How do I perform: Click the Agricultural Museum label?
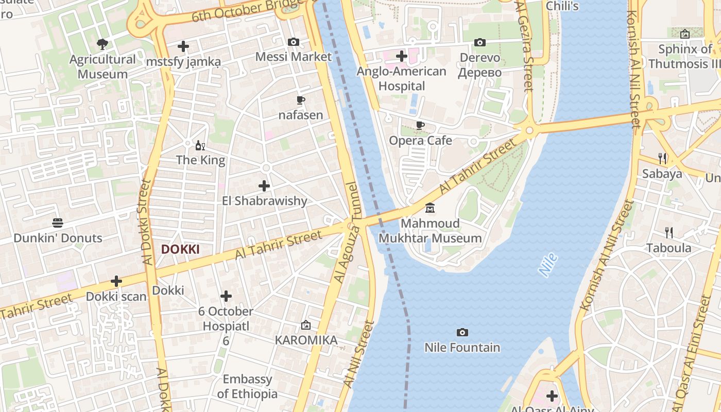(x=102, y=66)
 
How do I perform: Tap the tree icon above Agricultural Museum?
(x=102, y=44)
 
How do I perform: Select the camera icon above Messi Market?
(x=294, y=42)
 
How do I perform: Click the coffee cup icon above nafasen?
(x=301, y=100)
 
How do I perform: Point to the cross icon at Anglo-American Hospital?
(x=402, y=56)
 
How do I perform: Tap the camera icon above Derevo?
(x=480, y=42)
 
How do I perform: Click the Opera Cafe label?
(x=420, y=140)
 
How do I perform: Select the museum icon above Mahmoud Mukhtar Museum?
(x=430, y=209)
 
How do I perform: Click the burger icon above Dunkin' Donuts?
(x=58, y=223)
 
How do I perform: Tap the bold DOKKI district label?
(x=180, y=249)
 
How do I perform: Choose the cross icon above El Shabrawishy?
(x=264, y=185)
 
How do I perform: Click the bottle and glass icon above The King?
(x=200, y=146)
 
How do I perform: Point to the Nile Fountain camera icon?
(x=462, y=332)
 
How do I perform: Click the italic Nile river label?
(x=548, y=265)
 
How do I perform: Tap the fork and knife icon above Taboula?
(x=669, y=233)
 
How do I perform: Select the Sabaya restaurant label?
(x=662, y=174)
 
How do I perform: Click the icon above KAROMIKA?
(x=306, y=325)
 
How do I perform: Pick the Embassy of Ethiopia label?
(x=247, y=387)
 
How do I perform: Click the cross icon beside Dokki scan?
(x=116, y=281)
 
